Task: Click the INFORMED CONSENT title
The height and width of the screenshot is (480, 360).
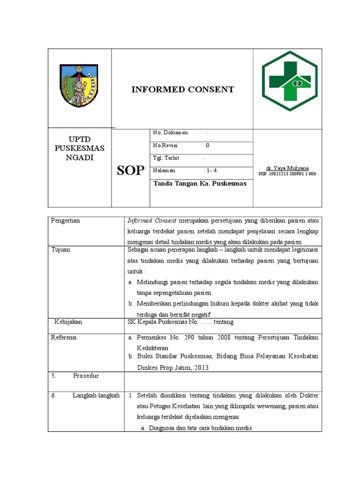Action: [x=182, y=90]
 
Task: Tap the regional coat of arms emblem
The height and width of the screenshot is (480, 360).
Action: [x=79, y=85]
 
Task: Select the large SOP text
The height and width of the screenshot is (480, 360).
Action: [x=131, y=171]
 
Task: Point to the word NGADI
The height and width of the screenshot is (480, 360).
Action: [x=80, y=157]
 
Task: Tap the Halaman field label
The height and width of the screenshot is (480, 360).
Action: [x=164, y=171]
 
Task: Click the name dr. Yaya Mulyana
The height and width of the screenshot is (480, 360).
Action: [x=287, y=168]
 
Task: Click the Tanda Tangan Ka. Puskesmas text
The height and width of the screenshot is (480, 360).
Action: [x=200, y=184]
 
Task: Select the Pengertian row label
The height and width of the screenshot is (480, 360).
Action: [x=66, y=221]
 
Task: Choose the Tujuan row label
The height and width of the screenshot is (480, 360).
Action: [x=60, y=250]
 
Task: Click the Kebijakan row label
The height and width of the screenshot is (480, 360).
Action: [x=68, y=322]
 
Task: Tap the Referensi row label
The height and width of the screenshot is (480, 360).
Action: [x=64, y=337]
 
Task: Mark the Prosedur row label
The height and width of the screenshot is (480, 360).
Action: [x=86, y=376]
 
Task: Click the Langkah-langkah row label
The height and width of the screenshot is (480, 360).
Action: [x=96, y=396]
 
